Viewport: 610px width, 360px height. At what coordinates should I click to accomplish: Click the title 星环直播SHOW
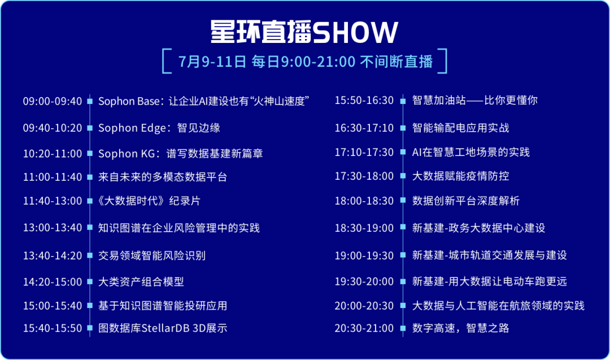(x=304, y=32)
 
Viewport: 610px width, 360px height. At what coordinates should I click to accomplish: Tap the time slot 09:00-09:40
(x=53, y=101)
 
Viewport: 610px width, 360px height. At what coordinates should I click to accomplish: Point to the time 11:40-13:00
(x=53, y=201)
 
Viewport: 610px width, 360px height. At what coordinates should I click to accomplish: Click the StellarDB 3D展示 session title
(x=163, y=328)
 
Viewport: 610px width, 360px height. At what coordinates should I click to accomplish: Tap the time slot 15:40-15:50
(x=53, y=328)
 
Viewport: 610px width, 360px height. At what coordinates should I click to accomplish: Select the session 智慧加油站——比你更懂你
(x=475, y=100)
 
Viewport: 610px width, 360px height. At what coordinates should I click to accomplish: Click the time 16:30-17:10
(x=364, y=128)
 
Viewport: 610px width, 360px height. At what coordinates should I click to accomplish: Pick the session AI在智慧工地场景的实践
(x=471, y=152)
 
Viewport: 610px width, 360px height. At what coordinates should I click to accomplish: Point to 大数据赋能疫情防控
(x=461, y=176)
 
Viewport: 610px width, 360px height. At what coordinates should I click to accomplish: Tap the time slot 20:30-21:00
(x=364, y=328)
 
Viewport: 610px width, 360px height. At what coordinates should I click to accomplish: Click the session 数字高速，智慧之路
(x=461, y=328)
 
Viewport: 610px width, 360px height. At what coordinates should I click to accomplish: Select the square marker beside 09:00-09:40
(x=90, y=101)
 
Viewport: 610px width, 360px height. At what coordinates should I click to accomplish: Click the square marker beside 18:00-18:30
(x=403, y=201)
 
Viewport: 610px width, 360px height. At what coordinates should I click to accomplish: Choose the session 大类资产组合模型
(x=141, y=281)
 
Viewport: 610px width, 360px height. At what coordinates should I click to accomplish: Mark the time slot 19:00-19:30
(x=364, y=255)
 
